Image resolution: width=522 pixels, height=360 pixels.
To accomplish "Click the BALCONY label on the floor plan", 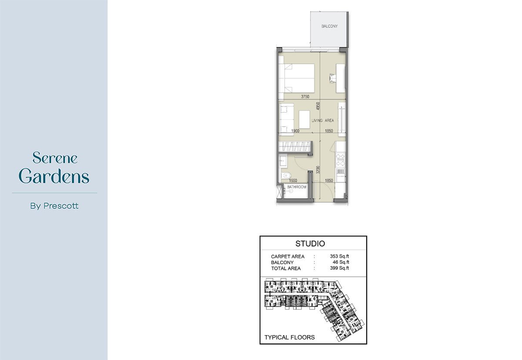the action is coord(330,27).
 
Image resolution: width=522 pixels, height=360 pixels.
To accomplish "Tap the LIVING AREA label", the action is coord(323,121).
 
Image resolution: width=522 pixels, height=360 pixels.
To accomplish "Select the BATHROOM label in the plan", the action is coord(296,187).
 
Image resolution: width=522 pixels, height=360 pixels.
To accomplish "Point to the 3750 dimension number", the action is coord(305,97).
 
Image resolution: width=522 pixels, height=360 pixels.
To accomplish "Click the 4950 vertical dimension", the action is coord(318,106).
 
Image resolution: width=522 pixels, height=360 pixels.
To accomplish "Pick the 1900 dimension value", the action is coord(295,131).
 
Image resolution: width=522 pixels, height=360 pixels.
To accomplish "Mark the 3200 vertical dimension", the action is coord(318,170).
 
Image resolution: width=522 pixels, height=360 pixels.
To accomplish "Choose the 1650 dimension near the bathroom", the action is coord(293,181).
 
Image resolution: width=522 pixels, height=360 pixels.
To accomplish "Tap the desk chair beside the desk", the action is coord(332,78).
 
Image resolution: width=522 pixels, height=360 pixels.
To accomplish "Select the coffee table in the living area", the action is coord(304,119).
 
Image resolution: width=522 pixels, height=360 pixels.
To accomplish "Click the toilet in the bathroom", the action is coord(285,175).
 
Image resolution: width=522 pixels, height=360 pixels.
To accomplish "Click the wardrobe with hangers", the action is coord(295,147).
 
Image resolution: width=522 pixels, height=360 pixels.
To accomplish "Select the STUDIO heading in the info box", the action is coord(310,244).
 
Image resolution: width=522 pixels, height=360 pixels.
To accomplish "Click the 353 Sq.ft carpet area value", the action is coord(339,256).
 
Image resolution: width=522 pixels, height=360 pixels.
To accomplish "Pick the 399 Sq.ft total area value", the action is coord(339,268).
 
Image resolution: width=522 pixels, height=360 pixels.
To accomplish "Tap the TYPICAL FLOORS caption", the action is coord(289,337).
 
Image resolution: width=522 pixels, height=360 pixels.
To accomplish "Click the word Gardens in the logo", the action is coord(54,176).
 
